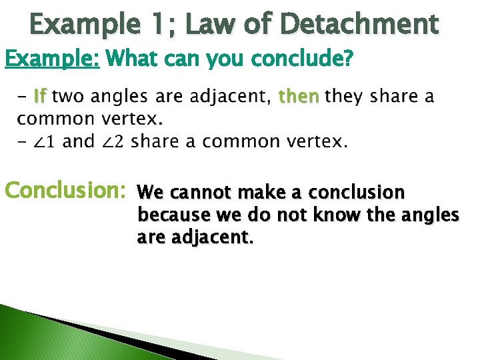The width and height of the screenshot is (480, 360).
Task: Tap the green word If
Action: click(x=39, y=97)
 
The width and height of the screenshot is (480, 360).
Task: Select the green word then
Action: click(x=299, y=97)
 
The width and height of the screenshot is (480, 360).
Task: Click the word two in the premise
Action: click(x=69, y=97)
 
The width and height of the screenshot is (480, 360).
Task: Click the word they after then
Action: click(x=344, y=97)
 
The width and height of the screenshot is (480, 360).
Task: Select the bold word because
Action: click(x=168, y=215)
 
